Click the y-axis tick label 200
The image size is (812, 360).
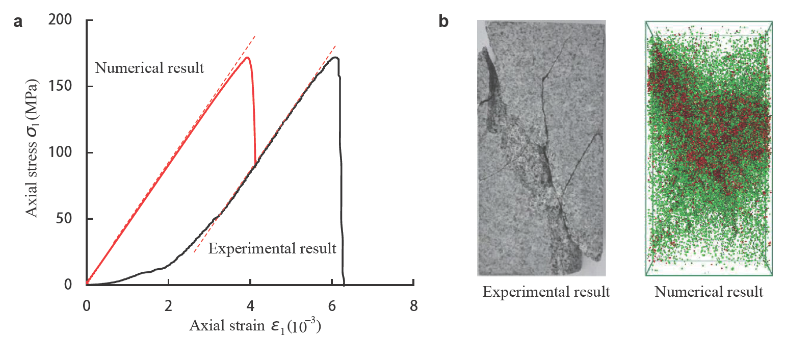tap(60, 20)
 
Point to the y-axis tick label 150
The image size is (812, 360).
tap(60, 86)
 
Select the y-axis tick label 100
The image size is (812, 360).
tap(60, 152)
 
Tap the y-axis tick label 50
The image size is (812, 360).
tap(64, 218)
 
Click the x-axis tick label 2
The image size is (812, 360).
tap(168, 306)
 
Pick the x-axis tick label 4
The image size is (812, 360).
tap(250, 306)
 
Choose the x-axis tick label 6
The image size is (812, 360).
tap(332, 306)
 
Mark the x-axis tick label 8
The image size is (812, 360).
tap(413, 306)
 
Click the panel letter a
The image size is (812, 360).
tap(18, 22)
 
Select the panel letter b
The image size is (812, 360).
tap(443, 22)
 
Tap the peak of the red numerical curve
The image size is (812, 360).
tap(247, 58)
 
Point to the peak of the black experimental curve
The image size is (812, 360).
tap(335, 58)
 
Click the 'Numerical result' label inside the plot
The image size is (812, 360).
tap(149, 68)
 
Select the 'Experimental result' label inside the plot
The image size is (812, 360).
tap(272, 248)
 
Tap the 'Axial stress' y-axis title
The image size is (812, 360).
tap(32, 148)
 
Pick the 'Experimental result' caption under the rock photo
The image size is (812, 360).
tap(546, 292)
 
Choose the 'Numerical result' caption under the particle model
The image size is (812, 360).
tap(709, 292)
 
